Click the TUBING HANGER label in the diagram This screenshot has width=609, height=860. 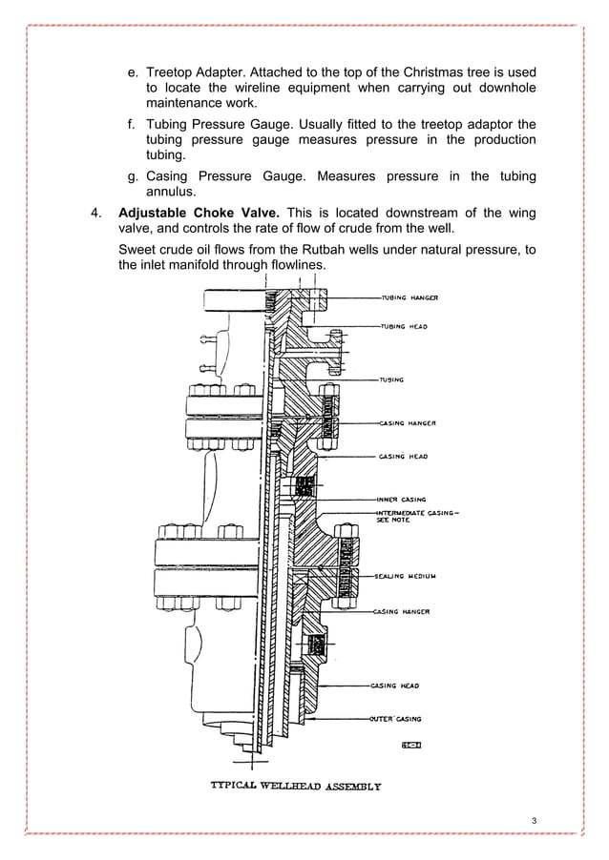click(409, 297)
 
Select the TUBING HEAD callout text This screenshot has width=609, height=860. click(405, 326)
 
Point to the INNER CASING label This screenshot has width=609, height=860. click(403, 498)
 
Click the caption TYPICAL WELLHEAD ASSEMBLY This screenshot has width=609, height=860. click(296, 787)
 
